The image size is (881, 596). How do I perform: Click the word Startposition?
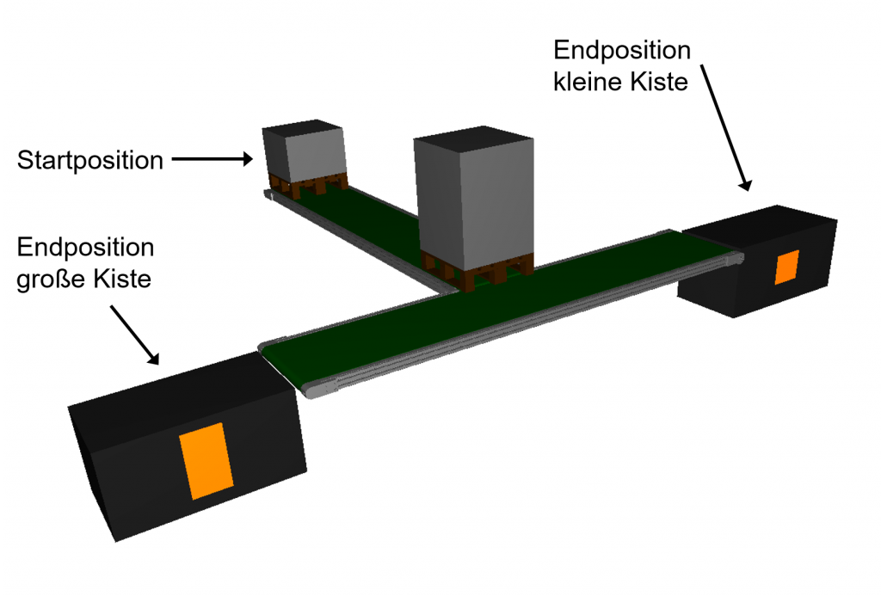pyautogui.click(x=89, y=160)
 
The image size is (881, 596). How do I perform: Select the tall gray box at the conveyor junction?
pyautogui.click(x=473, y=202)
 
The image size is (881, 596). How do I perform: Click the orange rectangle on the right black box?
pyautogui.click(x=786, y=267)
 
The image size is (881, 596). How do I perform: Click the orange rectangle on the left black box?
pyautogui.click(x=206, y=460)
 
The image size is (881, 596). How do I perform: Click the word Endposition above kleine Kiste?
pyautogui.click(x=622, y=50)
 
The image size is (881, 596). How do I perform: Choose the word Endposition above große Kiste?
pyautogui.click(x=85, y=249)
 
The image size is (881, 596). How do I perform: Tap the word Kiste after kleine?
pyautogui.click(x=658, y=83)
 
